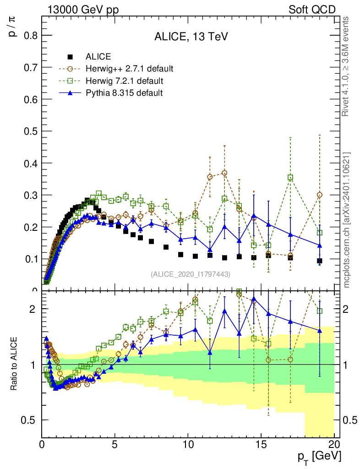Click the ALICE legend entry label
pyautogui.click(x=98, y=57)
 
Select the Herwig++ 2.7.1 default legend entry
pyautogui.click(x=129, y=69)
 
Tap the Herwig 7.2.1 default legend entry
pyautogui.click(x=124, y=81)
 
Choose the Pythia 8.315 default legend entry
pyautogui.click(x=124, y=93)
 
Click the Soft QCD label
pyautogui.click(x=312, y=10)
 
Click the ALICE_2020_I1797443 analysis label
pyautogui.click(x=190, y=274)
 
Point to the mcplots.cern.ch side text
pyautogui.click(x=347, y=220)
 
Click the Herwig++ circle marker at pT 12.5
pyautogui.click(x=224, y=173)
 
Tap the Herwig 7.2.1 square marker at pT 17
pyautogui.click(x=290, y=177)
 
